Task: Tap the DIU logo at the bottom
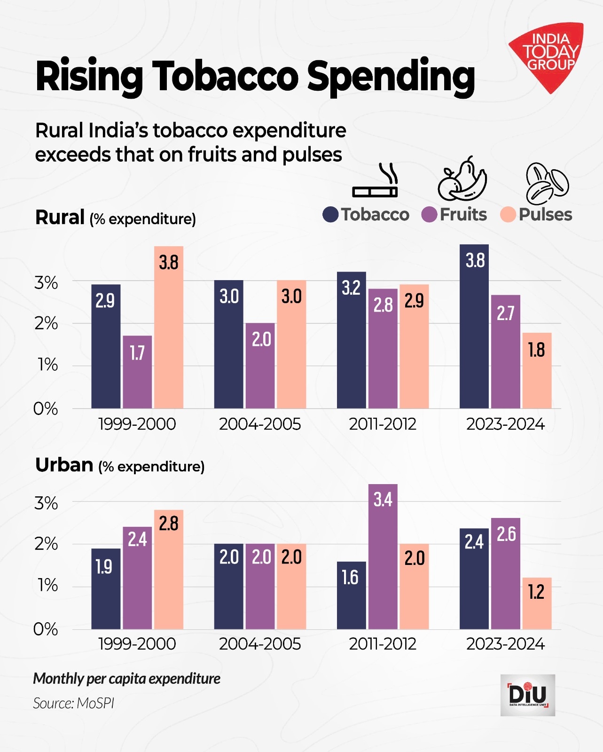[x=527, y=695]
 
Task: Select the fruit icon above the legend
[x=462, y=180]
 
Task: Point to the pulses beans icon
[x=546, y=182]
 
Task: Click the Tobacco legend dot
[x=330, y=215]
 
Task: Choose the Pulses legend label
[x=545, y=215]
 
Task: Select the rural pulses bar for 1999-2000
[x=169, y=329]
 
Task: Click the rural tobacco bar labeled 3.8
[x=474, y=329]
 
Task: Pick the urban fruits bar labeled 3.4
[x=383, y=559]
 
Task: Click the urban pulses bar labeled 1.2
[x=537, y=604]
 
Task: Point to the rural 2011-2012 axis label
[x=383, y=424]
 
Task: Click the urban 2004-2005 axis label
[x=260, y=644]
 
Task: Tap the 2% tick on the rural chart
[x=46, y=324]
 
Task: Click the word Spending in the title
[x=391, y=77]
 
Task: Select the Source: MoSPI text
[x=74, y=704]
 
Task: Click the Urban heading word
[x=64, y=465]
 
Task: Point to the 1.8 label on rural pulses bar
[x=536, y=350]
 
